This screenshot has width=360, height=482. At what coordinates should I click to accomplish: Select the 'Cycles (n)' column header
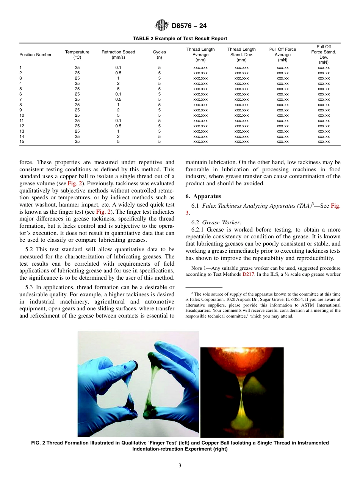159,55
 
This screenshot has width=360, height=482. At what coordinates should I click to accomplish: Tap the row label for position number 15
22,142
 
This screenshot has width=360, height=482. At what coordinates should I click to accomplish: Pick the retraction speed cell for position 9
118,110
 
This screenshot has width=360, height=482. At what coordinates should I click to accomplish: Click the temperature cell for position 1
77,67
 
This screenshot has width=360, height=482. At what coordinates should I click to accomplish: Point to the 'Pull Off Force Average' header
283,55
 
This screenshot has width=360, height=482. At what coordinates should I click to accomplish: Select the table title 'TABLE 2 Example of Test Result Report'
180,38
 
